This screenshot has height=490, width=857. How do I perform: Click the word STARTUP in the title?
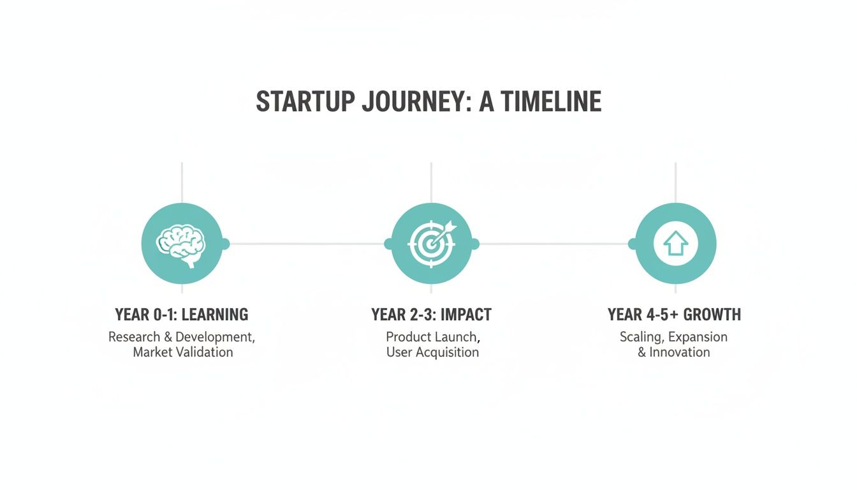coord(297,102)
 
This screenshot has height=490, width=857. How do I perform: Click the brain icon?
coord(182,244)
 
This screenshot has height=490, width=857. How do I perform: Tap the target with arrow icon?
coord(432,244)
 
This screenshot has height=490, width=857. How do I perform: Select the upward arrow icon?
coord(676,244)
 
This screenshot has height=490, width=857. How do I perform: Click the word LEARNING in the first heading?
coord(215,315)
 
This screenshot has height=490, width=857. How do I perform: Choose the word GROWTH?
coord(712,315)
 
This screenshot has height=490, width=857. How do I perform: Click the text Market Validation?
coord(183,352)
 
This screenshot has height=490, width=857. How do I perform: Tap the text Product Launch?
coord(432,336)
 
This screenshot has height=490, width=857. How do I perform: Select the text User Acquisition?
coord(432,352)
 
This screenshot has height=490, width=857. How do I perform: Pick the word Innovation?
coord(679,352)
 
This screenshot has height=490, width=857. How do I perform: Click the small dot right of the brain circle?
coord(224,244)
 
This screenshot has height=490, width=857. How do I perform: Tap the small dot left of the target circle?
coord(388,244)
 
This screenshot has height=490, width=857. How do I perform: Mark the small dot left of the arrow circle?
coord(633,244)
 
